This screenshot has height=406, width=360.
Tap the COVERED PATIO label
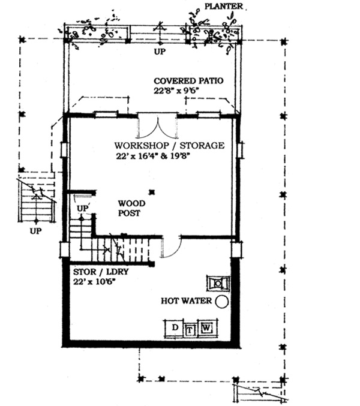tap(186, 80)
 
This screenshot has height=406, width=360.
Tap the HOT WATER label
tap(187, 300)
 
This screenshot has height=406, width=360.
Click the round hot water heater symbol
tap(222, 302)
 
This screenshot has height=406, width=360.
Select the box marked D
tap(175, 328)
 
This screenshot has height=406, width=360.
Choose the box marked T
tap(190, 329)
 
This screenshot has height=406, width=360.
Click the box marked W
tap(206, 328)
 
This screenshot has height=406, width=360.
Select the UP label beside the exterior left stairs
tap(35, 230)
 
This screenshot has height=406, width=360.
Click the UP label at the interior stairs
tap(83, 207)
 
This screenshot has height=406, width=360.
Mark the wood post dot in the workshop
tap(154, 192)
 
